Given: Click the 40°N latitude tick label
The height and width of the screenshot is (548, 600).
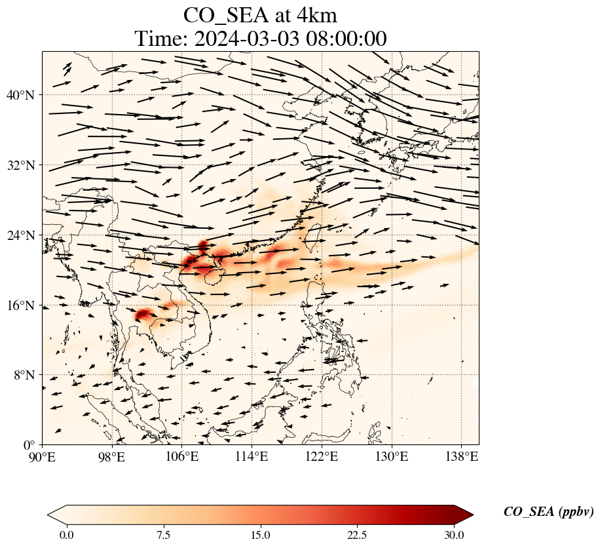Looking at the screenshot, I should click(24, 95).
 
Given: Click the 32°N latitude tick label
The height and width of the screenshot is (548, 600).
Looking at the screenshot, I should click(24, 165).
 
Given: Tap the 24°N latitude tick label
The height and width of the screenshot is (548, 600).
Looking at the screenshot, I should click(24, 235).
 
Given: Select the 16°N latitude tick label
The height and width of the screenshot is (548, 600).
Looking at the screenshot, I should click(24, 305).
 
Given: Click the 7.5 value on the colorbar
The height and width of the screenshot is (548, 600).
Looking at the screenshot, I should click(163, 535).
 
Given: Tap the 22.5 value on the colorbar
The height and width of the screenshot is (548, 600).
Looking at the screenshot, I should click(357, 535).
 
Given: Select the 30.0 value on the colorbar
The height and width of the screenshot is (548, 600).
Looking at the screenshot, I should click(454, 535).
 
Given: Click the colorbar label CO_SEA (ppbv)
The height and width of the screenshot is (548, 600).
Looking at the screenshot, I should click(548, 513).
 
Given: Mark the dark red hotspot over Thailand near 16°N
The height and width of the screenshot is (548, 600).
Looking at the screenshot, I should click(143, 315).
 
